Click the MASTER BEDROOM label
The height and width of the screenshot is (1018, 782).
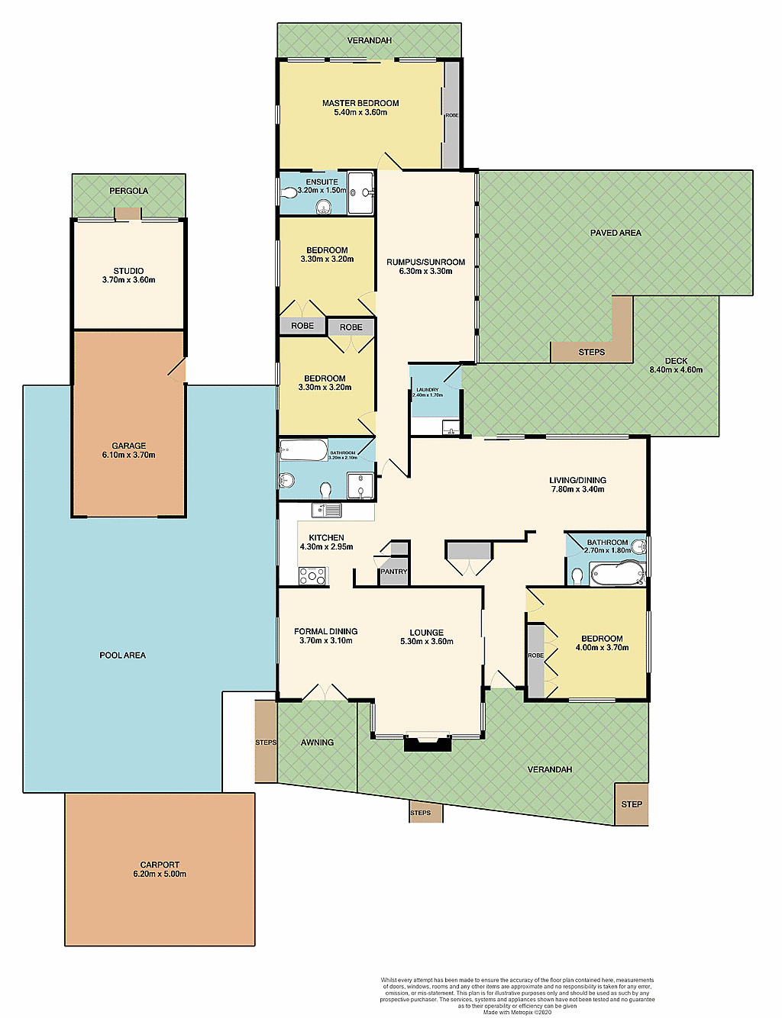pos(360,103)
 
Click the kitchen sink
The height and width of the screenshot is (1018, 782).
pos(327,510)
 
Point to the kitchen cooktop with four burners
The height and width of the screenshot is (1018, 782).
pos(312,575)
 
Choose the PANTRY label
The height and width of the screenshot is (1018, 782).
pos(394,572)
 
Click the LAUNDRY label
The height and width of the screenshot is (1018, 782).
pos(428,390)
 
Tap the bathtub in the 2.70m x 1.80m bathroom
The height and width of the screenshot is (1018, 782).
pos(617,574)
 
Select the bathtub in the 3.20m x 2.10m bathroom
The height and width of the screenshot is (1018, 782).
pos(303,449)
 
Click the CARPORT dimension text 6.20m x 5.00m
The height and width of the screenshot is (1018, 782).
pos(160,875)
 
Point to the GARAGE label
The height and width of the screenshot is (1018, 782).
pos(129,446)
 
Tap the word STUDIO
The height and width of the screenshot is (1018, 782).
pos(128,271)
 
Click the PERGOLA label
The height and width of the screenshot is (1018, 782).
pos(128,191)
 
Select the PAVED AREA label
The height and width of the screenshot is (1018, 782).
pos(616,233)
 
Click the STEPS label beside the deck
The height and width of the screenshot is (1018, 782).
pos(592,353)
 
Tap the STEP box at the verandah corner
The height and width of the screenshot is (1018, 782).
pos(632,804)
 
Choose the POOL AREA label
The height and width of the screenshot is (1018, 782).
pos(122,656)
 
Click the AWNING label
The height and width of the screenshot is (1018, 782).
pos(317,743)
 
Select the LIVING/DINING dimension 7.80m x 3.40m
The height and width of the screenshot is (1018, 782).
pos(578,490)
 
